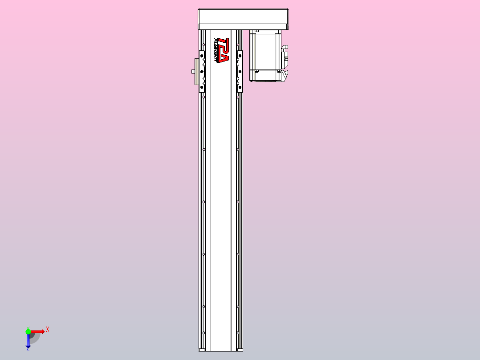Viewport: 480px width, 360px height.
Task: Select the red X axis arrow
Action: point(37,331)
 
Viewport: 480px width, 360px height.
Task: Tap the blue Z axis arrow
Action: point(28,341)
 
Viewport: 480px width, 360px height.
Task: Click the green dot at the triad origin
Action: point(28,331)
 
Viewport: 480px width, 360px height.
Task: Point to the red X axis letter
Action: point(48,329)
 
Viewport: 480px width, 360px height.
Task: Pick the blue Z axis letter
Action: point(28,350)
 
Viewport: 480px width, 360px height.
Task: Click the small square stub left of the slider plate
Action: point(192,71)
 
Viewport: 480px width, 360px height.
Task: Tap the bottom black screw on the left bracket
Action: point(202,88)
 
